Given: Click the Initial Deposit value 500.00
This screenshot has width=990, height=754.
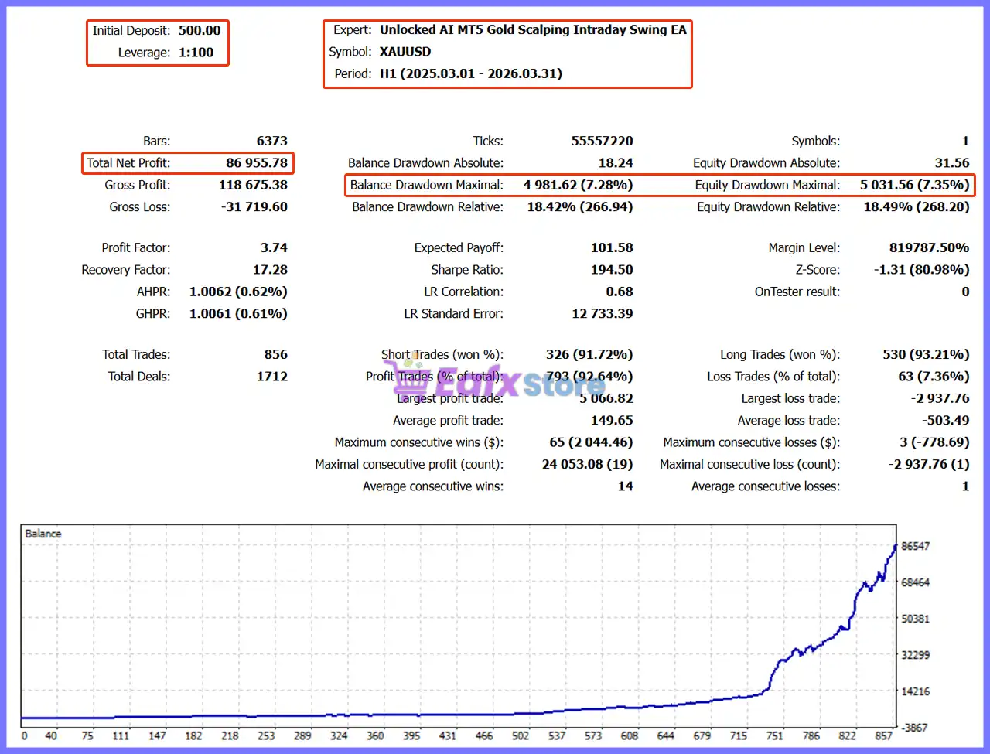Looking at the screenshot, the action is click(x=200, y=30).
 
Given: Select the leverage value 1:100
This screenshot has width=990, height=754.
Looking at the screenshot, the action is click(x=196, y=53).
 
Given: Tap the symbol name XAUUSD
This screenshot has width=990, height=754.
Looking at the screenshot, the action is click(x=405, y=51).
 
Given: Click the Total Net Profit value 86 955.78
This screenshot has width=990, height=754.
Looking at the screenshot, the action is click(x=256, y=162).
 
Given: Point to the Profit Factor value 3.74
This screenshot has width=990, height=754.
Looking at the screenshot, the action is click(x=273, y=247).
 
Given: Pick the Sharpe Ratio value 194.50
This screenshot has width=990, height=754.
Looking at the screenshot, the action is click(x=612, y=270).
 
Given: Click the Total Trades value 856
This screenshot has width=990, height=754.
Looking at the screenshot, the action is click(x=275, y=354).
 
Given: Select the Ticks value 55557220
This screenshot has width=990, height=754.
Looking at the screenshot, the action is click(x=602, y=141).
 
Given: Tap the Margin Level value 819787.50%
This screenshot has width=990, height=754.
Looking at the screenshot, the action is click(x=929, y=247).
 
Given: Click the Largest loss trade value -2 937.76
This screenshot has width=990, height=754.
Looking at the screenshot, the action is click(x=940, y=398).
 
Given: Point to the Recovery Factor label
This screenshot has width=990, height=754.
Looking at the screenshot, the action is click(x=126, y=270).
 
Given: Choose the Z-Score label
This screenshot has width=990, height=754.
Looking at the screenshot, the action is click(x=818, y=270).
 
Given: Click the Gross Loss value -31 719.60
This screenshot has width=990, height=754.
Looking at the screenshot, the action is click(x=254, y=206).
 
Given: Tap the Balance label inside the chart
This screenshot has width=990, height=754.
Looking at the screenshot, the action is click(x=43, y=534).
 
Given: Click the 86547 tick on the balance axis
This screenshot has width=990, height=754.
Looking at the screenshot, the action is click(x=915, y=546).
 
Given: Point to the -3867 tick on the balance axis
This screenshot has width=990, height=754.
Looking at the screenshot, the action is click(x=913, y=728).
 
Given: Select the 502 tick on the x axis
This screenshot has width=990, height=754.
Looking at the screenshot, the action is click(x=520, y=735).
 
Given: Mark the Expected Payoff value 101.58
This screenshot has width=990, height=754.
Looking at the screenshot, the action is click(x=612, y=247).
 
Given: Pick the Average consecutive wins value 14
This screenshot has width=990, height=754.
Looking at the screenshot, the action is click(x=625, y=486).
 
